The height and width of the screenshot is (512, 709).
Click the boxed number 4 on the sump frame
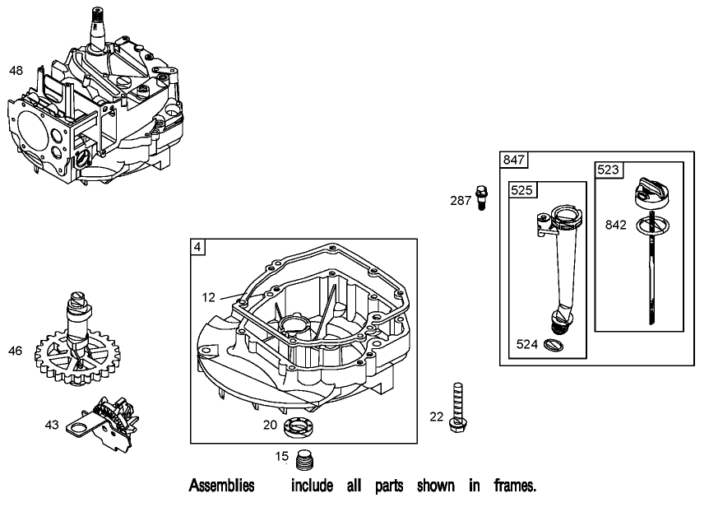pyautogui.click(x=198, y=246)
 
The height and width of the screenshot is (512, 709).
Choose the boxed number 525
pyautogui.click(x=522, y=189)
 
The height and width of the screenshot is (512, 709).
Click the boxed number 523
pyautogui.click(x=608, y=169)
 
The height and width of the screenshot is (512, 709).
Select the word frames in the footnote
pyautogui.click(x=514, y=486)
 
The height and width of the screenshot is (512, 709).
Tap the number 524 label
pyautogui.click(x=528, y=345)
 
